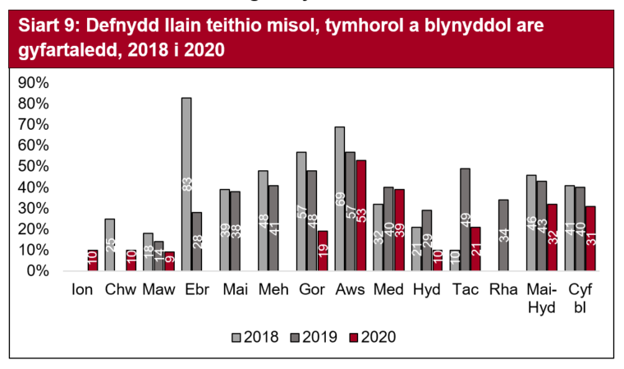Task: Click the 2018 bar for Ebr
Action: [x=186, y=184]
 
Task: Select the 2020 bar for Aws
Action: [x=361, y=215]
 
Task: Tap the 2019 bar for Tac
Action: [x=466, y=219]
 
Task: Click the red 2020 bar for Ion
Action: [x=93, y=261]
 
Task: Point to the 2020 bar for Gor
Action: [x=323, y=251]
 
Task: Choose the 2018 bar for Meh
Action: [x=264, y=220]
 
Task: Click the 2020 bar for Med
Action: [x=400, y=230]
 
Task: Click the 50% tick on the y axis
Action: [x=34, y=167]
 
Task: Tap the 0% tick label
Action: [x=39, y=271]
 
